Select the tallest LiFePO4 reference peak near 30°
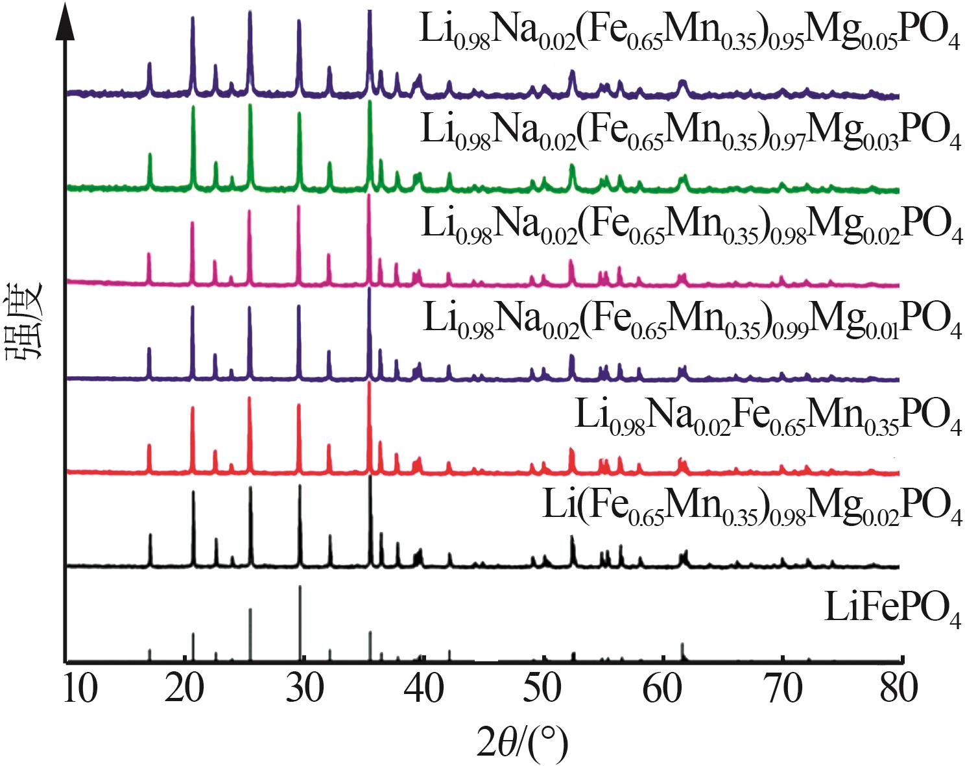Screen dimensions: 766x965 [300, 588]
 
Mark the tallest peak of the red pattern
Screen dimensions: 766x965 [369, 384]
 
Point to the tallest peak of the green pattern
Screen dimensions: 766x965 [370, 102]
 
